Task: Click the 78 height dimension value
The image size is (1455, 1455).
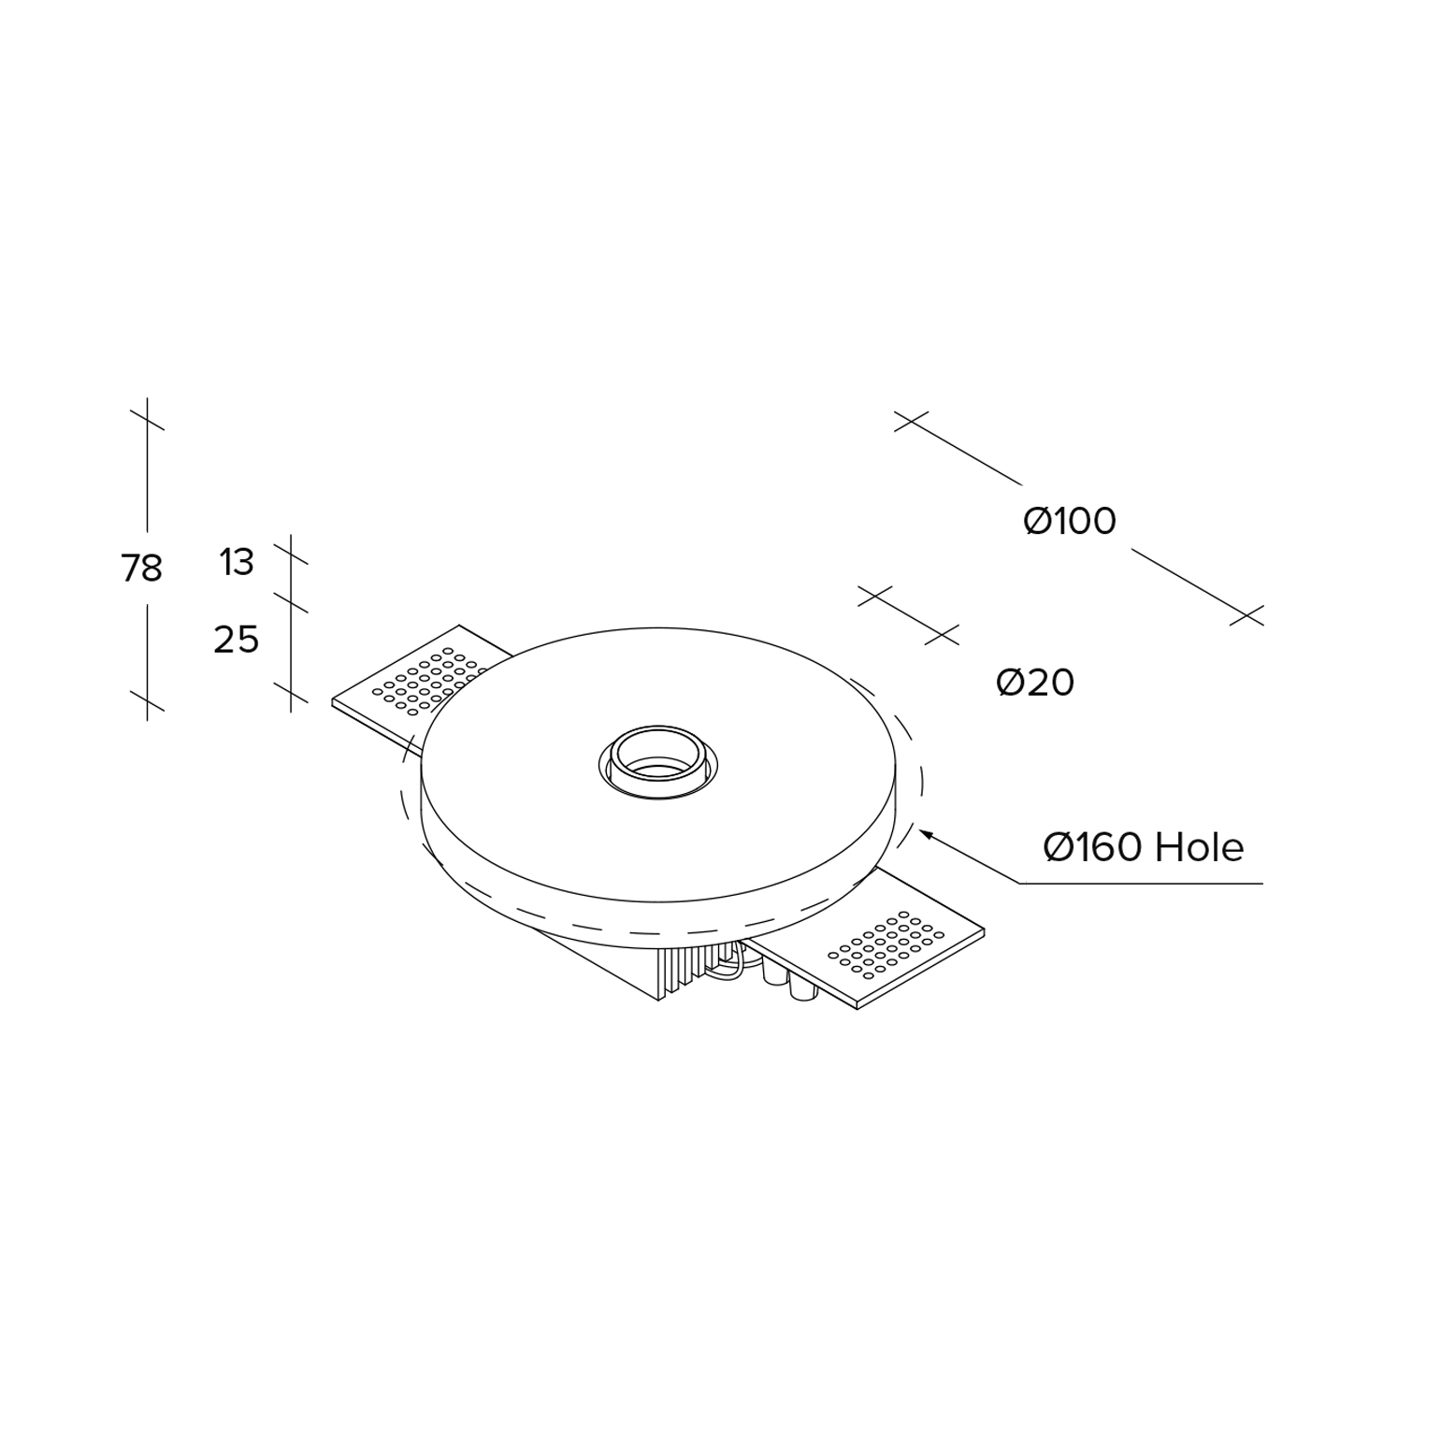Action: coord(141,568)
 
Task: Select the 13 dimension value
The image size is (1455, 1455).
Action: coord(237,562)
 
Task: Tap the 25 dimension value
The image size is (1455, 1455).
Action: coord(236,640)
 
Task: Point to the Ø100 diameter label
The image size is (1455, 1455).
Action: coord(1070,521)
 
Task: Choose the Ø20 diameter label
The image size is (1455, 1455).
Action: coord(1035,683)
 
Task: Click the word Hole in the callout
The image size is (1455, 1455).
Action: coord(1200,847)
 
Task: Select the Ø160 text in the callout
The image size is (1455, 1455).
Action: coord(1093,847)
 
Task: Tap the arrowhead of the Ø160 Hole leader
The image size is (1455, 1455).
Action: coord(927,833)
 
